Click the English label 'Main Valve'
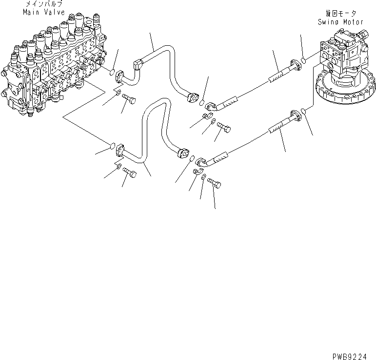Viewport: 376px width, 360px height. pos(43,12)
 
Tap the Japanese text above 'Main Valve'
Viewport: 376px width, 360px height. pos(43,4)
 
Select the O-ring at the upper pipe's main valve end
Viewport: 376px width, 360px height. pos(113,73)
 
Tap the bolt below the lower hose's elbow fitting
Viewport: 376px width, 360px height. pos(216,184)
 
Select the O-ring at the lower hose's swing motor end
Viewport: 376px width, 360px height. pos(304,112)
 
